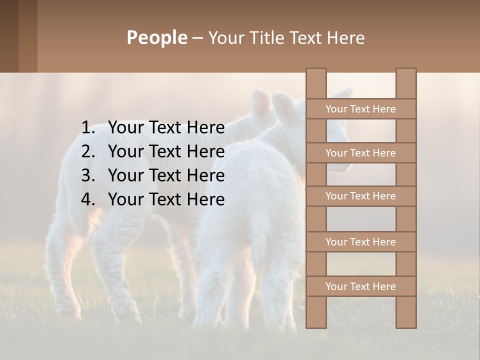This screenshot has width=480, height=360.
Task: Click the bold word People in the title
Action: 156,37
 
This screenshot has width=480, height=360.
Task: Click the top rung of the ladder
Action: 360,109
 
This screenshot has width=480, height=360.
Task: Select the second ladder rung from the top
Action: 360,153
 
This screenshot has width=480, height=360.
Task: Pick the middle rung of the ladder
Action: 360,196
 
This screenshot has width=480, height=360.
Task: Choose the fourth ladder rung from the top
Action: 360,242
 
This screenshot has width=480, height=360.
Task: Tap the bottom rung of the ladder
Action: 360,286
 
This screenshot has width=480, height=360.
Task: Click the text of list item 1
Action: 166,128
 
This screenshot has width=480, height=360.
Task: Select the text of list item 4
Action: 166,199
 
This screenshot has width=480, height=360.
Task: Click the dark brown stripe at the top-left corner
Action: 9,36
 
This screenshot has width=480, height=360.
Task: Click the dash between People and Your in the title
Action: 197,38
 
